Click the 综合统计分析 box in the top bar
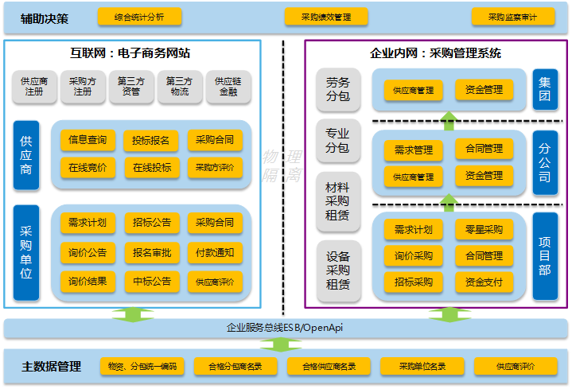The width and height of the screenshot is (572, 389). [138, 17]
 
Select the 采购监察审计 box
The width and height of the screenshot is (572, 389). [513, 17]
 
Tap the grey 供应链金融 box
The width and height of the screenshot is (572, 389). [229, 87]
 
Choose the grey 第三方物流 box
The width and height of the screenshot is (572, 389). [180, 87]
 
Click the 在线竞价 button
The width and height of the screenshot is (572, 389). [88, 168]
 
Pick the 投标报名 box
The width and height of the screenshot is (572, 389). [151, 141]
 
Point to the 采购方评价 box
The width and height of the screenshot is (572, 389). [215, 168]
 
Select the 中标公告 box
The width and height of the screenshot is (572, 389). [151, 281]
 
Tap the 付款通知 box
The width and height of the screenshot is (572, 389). [215, 253]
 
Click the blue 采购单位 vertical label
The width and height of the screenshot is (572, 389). [26, 252]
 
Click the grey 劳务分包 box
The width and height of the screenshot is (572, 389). [337, 89]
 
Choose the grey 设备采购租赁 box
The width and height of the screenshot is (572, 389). [337, 270]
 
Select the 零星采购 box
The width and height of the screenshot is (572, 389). [484, 230]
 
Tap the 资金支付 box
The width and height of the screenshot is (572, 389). [484, 282]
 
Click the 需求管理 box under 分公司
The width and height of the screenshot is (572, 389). [413, 150]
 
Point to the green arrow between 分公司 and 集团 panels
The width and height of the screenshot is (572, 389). [449, 121]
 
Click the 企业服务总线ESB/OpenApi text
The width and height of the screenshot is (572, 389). [285, 327]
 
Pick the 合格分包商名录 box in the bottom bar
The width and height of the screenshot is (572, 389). [235, 367]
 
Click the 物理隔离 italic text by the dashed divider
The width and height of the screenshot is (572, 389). [283, 165]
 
